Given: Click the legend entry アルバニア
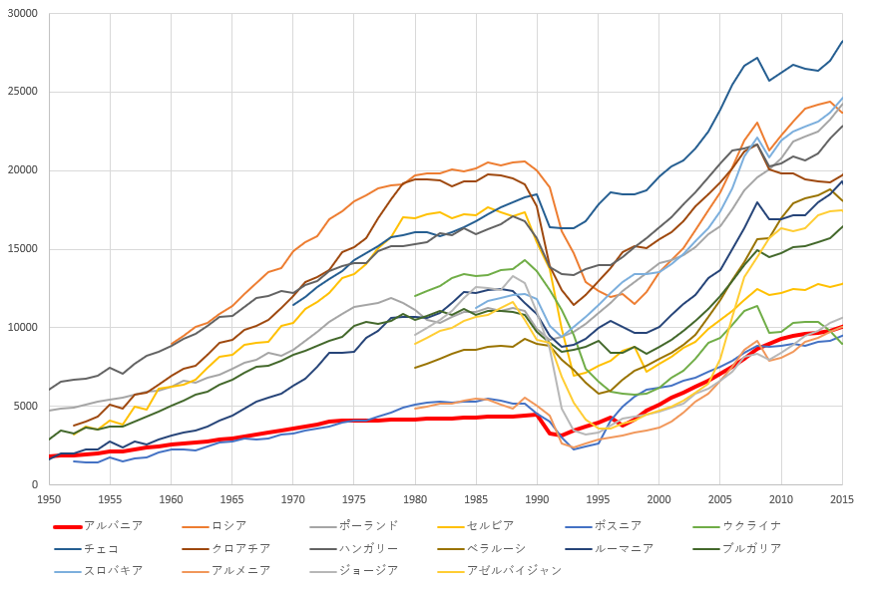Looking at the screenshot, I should tap(114, 525).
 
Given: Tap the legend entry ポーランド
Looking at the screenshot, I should tap(368, 525).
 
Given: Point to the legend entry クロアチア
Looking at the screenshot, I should tap(240, 548).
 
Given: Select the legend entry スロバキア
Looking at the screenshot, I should tap(114, 570).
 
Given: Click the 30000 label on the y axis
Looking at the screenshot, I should tap(21, 14).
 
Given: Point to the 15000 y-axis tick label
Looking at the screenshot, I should tap(21, 249).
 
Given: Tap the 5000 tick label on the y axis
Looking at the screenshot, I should tap(24, 406).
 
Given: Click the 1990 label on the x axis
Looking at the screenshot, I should tap(538, 498).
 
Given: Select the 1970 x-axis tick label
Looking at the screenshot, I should tap(293, 498).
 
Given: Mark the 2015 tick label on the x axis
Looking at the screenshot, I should tap(843, 498).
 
